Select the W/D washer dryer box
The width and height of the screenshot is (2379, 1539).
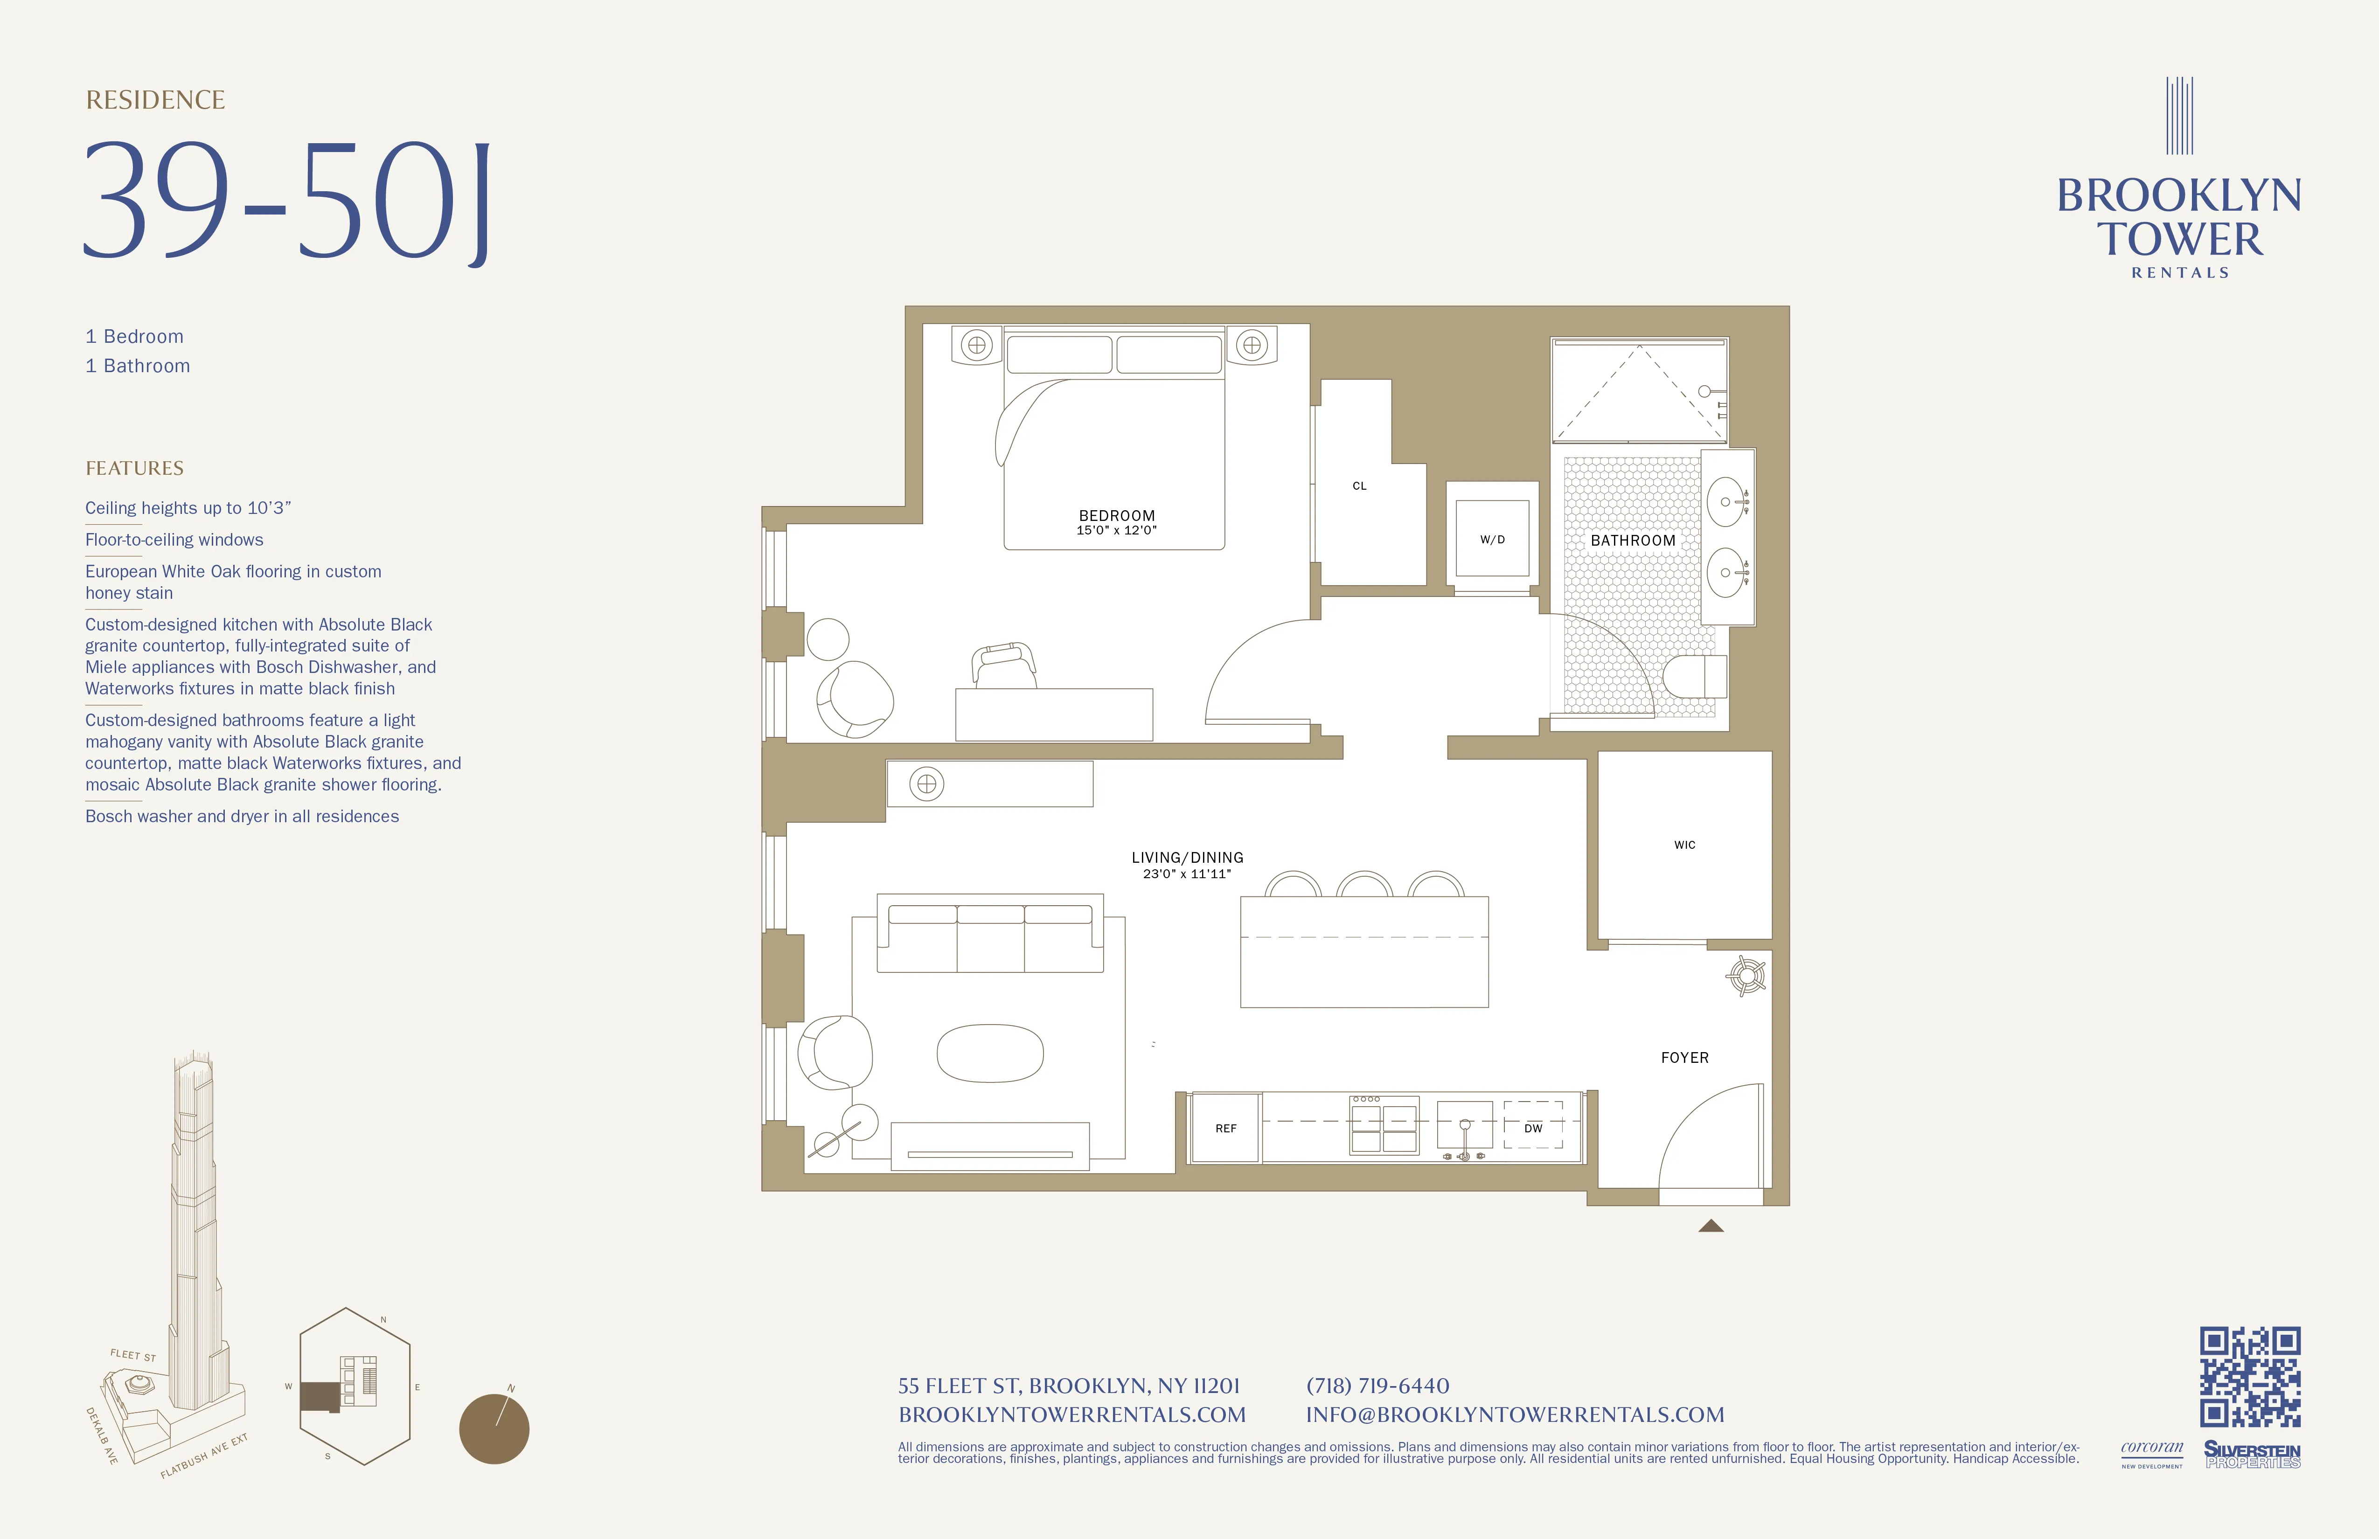[1491, 539]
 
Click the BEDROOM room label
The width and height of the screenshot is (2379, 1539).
[1117, 516]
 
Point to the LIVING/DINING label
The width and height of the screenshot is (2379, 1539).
[1188, 858]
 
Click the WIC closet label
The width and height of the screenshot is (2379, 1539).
[1684, 845]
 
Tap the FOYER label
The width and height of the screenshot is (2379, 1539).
[1684, 1057]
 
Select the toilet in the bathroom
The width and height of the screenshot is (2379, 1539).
[1694, 677]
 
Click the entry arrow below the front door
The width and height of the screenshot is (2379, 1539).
[1710, 1225]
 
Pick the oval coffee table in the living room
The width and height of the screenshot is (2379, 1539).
[989, 1054]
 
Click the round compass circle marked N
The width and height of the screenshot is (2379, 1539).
[494, 1429]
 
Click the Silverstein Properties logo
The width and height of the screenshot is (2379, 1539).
[2252, 1454]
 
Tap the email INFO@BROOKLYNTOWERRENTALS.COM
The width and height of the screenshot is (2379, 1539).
[1514, 1414]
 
